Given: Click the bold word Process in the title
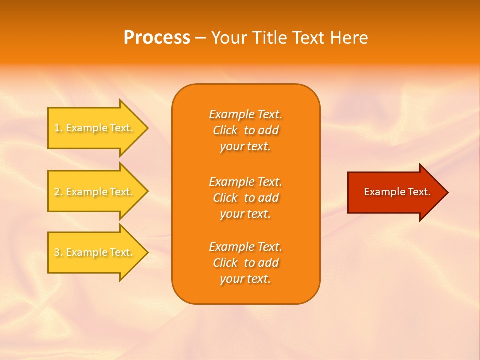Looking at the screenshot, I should point(157,38).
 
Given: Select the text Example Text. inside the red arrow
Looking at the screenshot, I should point(397,192).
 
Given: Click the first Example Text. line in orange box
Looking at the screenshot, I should point(245,114).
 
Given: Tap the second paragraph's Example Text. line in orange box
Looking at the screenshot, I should point(245,181).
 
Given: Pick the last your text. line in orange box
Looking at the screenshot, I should point(245,279).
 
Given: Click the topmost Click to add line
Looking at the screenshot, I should point(245,131).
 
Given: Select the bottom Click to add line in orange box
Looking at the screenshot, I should point(245,263).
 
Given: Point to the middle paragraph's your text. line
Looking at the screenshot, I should point(245,214).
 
